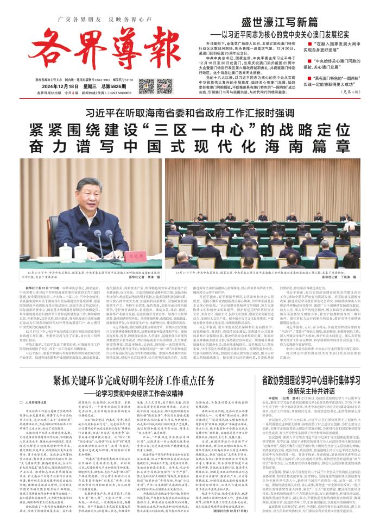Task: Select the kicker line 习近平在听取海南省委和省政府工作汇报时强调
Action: [189, 99]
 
